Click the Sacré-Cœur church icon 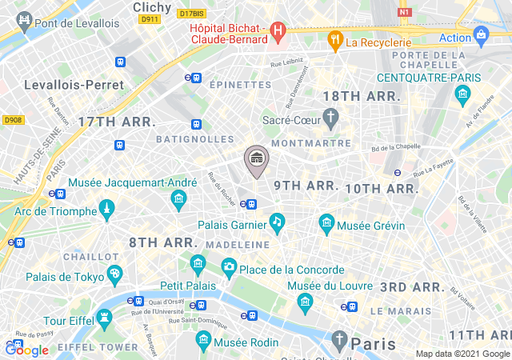click(x=331, y=118)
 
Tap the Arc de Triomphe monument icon click(x=106, y=210)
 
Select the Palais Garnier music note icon click(x=277, y=222)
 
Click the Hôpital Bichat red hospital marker click(x=278, y=33)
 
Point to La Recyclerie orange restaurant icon click(x=334, y=40)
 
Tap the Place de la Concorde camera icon click(x=230, y=266)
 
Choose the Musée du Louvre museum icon click(x=304, y=301)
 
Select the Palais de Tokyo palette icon click(x=114, y=274)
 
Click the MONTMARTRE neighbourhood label click(x=311, y=143)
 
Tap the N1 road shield click(x=404, y=13)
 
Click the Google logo click(x=27, y=350)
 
